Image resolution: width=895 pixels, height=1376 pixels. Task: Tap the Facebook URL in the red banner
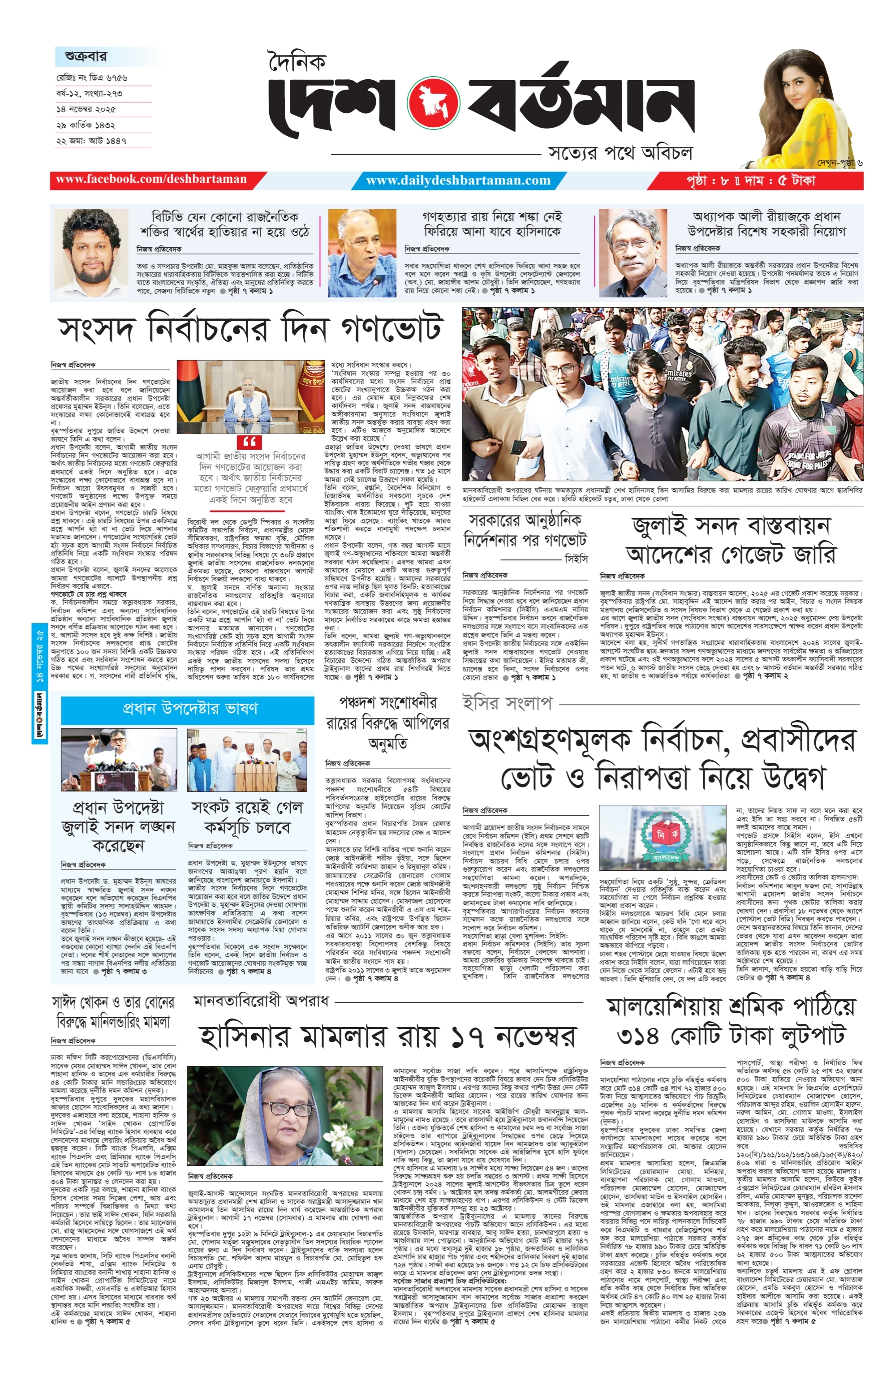point(151,179)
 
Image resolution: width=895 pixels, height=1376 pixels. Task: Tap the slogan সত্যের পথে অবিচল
point(620,153)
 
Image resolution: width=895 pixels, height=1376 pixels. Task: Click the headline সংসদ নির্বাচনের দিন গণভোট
point(251,329)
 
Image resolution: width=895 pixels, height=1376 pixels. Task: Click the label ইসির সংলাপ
point(507,703)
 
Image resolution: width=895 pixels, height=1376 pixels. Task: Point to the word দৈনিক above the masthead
point(297,61)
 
